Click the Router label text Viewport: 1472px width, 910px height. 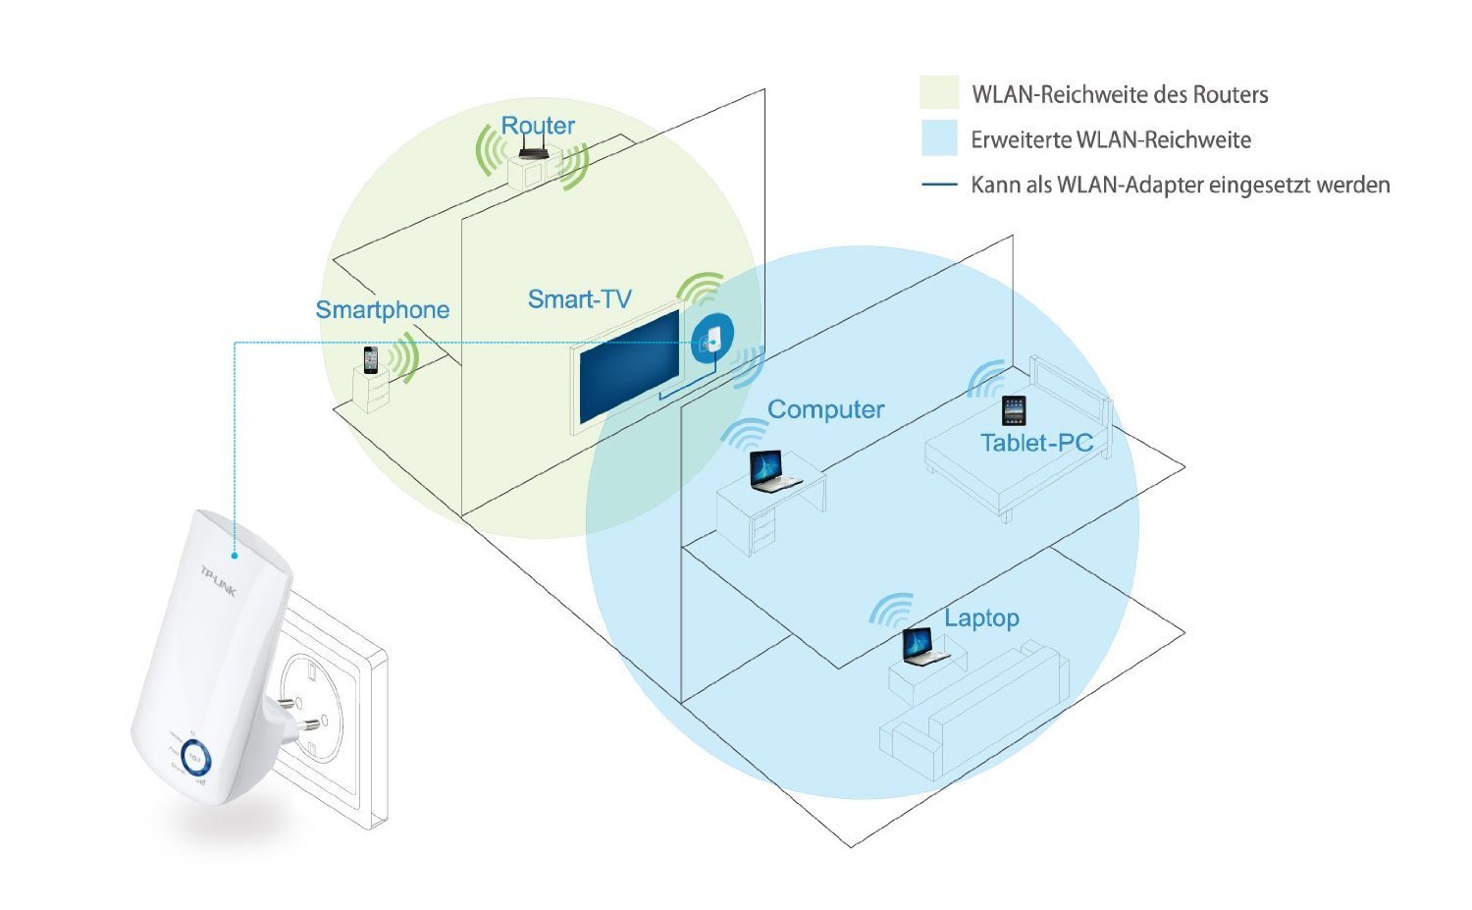coord(538,126)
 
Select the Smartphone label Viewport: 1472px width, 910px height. coord(382,310)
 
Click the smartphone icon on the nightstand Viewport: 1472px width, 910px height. coord(370,360)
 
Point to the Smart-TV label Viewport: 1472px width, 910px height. coord(579,299)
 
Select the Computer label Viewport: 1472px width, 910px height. coord(825,409)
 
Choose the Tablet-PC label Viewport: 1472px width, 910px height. coord(1036,443)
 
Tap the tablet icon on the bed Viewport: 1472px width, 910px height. coord(1014,410)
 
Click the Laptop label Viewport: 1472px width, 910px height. coord(981,618)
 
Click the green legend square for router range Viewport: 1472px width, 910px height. coord(938,93)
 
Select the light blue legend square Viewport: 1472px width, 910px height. coord(938,138)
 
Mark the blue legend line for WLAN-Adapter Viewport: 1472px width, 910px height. coord(939,185)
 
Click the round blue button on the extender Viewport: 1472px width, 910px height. coord(194,761)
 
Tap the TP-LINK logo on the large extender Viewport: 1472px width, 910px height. coord(219,579)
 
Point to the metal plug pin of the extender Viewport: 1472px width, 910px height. coord(309,726)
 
